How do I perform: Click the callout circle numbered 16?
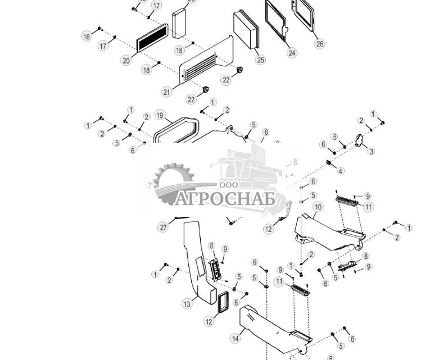87,37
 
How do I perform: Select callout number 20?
126,61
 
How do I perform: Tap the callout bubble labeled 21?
166,92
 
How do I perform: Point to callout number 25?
260,60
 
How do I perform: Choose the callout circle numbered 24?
292,53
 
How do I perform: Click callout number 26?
319,43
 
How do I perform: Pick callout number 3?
371,151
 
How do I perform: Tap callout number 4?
341,171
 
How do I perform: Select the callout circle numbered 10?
318,207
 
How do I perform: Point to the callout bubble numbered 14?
234,339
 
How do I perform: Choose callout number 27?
163,227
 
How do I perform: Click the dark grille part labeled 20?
152,38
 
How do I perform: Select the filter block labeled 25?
247,30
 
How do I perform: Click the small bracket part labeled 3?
359,140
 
